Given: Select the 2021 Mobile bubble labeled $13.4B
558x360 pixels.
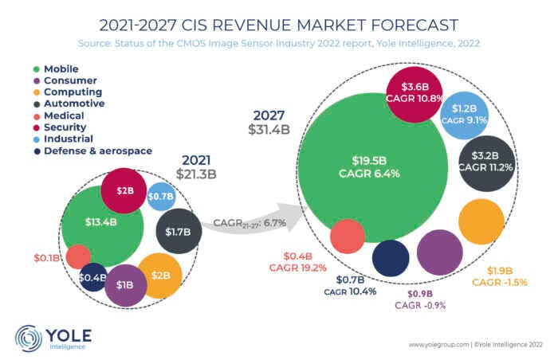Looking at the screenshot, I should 101,224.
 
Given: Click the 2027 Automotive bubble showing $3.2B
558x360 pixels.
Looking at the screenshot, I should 486,162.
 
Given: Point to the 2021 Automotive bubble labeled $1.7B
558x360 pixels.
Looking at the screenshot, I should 178,232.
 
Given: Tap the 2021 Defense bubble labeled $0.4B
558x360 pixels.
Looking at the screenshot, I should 93,276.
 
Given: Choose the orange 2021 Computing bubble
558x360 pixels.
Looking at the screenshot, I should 160,275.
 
